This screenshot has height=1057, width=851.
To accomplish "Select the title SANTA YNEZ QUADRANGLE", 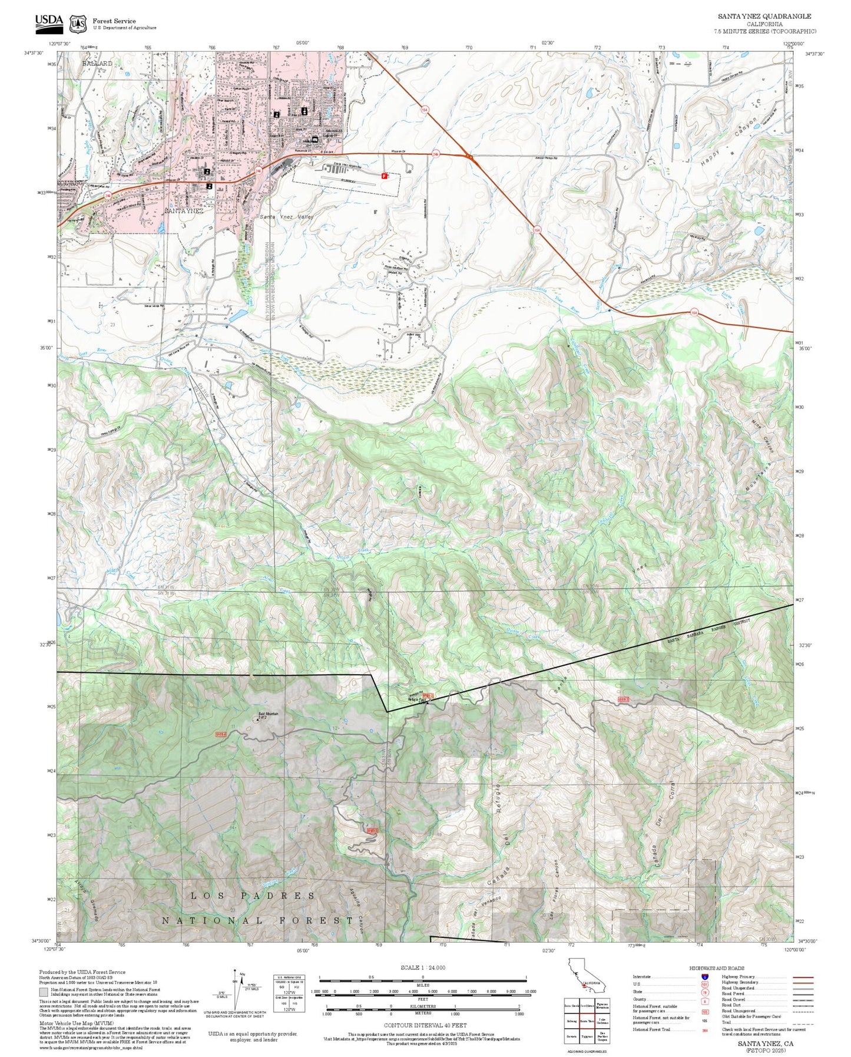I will [764, 16].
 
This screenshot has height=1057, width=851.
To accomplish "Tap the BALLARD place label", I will [97, 63].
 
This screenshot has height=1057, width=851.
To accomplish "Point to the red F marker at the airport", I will [385, 175].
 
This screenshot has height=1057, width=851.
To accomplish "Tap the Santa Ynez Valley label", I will [287, 217].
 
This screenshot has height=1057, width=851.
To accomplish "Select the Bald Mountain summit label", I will [268, 715].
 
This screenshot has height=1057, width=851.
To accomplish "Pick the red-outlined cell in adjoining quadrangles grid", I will [587, 1020].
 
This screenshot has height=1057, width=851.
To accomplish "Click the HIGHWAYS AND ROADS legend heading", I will [716, 968].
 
